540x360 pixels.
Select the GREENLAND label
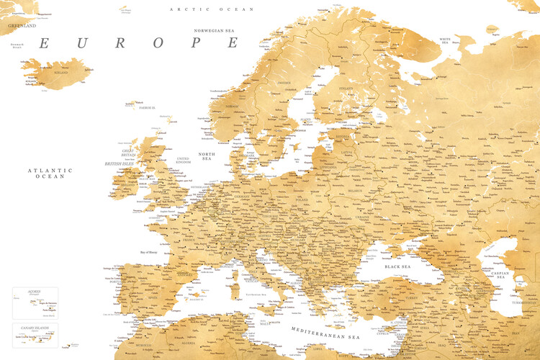pyautogui.click(x=22, y=25)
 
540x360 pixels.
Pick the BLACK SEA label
pyautogui.click(x=397, y=266)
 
